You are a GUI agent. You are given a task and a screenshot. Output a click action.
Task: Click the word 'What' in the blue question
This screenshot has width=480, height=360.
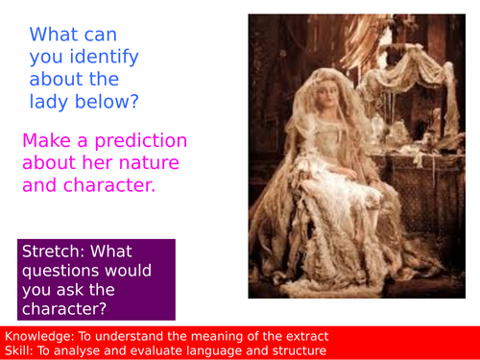pos(54,35)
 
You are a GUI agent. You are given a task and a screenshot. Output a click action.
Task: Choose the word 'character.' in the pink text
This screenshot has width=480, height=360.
pos(107,184)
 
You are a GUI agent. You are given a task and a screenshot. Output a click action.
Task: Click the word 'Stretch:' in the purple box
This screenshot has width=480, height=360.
pos(56,252)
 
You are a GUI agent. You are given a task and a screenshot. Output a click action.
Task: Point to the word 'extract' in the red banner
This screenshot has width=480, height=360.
pos(302,335)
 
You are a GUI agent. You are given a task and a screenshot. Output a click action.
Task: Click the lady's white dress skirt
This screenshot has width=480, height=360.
pos(326,230)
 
